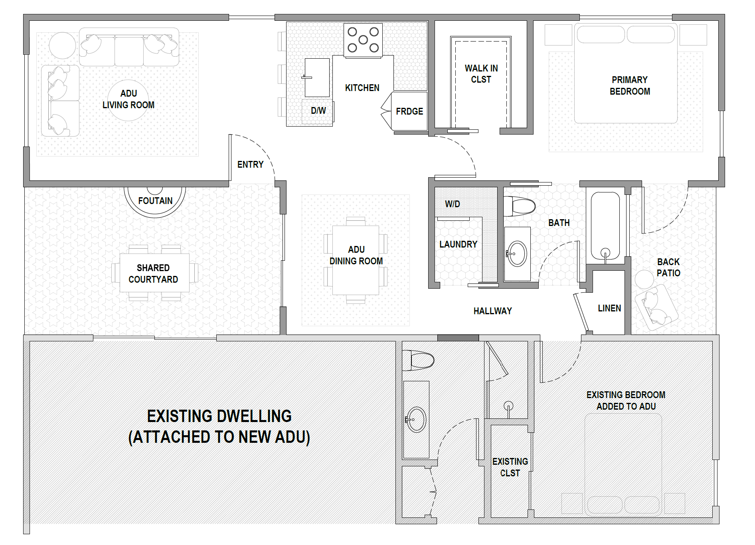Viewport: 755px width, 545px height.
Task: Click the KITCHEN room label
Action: point(362,88)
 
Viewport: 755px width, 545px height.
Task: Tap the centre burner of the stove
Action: point(363,40)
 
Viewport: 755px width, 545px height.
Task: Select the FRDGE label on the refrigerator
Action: point(409,111)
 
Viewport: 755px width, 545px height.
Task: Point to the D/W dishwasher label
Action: point(318,111)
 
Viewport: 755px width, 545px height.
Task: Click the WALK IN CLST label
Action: point(481,74)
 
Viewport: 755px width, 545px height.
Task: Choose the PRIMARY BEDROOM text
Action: point(630,86)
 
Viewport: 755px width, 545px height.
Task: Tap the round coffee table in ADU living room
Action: point(128,100)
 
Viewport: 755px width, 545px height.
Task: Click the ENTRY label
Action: point(250,164)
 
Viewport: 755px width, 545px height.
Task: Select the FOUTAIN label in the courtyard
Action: point(155,201)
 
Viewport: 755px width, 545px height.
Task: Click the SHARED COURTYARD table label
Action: point(153,273)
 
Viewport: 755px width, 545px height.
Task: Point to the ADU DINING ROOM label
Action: point(356,255)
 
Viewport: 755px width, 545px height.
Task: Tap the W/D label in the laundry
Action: point(453,204)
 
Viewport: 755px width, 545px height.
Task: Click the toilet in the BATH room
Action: point(519,206)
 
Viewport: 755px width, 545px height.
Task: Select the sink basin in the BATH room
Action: point(517,254)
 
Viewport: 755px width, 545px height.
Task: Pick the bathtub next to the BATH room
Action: point(605,226)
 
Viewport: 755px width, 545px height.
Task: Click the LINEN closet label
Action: point(609,308)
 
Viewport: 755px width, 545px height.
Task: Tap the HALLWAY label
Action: point(492,311)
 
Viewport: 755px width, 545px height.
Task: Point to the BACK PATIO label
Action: point(668,268)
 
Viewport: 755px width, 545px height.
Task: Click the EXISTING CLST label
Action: point(510,467)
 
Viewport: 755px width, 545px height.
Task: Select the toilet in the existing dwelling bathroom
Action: point(418,360)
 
